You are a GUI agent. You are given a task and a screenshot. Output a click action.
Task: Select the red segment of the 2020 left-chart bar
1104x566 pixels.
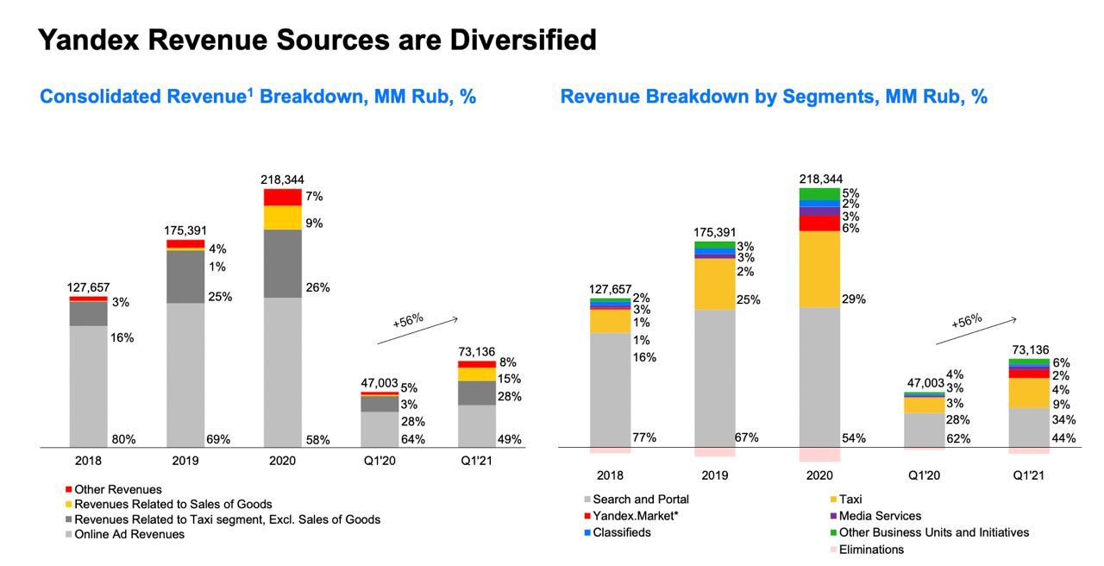(283, 197)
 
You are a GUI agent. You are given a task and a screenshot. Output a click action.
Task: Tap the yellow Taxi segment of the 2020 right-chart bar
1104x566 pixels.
(819, 268)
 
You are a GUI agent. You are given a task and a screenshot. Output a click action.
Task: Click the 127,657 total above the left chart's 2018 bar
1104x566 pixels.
(89, 287)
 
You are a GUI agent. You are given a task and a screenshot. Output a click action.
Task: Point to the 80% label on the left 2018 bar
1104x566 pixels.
(123, 439)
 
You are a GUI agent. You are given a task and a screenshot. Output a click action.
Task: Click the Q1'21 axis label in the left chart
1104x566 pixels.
(477, 461)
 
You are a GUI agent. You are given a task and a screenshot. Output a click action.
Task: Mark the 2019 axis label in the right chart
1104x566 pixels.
(715, 475)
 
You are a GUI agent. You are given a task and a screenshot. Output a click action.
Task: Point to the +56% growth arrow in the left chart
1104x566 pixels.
(419, 330)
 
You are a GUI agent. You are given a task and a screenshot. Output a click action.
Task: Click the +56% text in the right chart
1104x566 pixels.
(967, 321)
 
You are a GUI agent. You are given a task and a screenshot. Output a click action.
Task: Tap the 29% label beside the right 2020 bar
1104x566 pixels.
(854, 299)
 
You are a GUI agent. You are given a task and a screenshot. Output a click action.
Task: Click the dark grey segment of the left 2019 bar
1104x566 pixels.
(185, 276)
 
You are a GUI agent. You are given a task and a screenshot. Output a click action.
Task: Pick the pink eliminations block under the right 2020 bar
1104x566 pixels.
(819, 454)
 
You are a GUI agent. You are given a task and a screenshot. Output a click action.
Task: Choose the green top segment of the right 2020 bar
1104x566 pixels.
(819, 193)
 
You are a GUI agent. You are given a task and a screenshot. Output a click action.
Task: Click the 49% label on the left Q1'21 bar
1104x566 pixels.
(510, 439)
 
